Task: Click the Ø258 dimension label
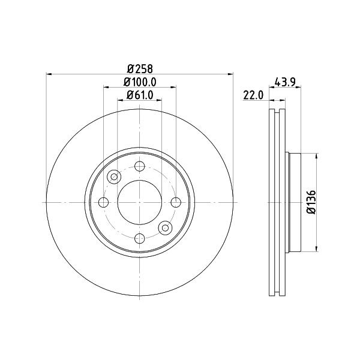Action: [140, 68]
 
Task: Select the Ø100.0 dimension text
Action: [140, 82]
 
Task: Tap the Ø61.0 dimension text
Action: [140, 95]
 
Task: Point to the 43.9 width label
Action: [285, 82]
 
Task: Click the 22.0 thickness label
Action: [253, 95]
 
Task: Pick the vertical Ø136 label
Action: [312, 202]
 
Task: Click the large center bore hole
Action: [140, 202]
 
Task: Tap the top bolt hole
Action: [140, 166]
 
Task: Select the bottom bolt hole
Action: [140, 239]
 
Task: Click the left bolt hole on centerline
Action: [103, 202]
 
